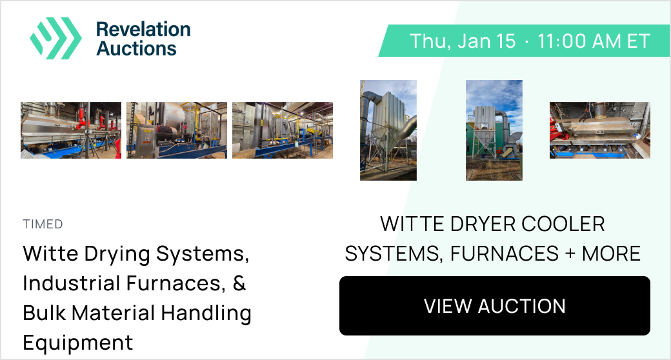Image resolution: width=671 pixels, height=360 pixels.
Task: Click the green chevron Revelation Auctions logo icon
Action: click(x=55, y=38)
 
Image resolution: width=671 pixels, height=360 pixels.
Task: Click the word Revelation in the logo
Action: click(x=143, y=30)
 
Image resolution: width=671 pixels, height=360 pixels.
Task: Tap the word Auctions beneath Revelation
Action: click(x=137, y=48)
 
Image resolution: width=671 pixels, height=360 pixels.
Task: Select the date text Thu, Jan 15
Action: click(x=463, y=41)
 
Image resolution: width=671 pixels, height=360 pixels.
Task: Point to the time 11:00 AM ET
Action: click(x=594, y=41)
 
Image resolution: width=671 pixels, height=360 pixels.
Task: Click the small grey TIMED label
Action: click(x=43, y=224)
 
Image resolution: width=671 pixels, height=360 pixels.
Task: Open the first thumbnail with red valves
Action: click(x=71, y=130)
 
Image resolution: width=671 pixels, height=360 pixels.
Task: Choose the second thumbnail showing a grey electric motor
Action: click(x=177, y=130)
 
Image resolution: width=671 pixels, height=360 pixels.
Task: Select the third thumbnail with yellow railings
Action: click(x=283, y=130)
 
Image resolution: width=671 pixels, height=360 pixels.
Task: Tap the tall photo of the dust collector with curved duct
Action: click(x=388, y=130)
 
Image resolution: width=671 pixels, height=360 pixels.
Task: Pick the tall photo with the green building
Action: click(x=494, y=130)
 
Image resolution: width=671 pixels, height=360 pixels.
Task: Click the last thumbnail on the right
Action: click(x=600, y=130)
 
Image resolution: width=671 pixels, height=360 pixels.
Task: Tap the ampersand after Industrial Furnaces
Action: click(x=239, y=283)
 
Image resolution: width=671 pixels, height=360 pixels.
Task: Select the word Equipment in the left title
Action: click(x=78, y=343)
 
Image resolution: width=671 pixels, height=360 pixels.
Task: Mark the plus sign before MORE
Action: click(x=570, y=254)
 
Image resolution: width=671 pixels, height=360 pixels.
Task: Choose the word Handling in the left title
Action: click(x=206, y=313)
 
